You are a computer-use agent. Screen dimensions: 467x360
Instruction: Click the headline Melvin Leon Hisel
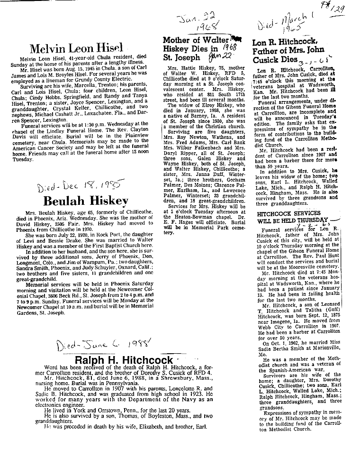[x=76, y=48]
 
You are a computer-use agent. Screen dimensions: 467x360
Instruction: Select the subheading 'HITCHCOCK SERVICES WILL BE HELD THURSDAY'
[x=292, y=217]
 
